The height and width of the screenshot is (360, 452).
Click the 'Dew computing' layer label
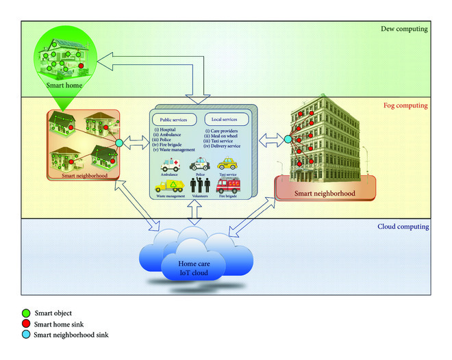[403, 29]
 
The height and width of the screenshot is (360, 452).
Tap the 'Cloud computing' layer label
[403, 227]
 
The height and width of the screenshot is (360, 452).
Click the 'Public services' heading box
[173, 119]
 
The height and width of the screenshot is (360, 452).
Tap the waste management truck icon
[169, 185]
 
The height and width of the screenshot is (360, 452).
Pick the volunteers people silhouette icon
[199, 185]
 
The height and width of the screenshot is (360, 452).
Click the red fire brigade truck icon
[228, 185]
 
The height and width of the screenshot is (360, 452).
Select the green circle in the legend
[26, 314]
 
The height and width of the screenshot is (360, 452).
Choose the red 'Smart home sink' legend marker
[26, 324]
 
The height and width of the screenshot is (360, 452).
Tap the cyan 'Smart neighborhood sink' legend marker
[26, 335]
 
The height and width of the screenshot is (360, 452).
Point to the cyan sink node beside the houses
[118, 142]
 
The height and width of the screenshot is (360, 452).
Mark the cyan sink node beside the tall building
[288, 140]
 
